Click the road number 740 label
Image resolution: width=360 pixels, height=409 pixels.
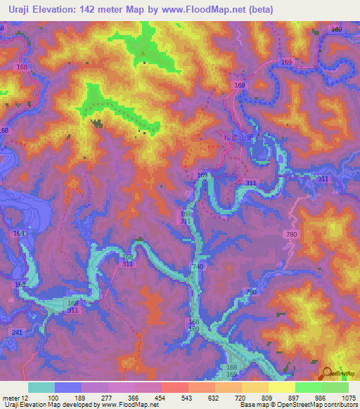click(x=198, y=267)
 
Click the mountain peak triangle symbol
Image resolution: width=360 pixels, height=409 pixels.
click(x=143, y=51)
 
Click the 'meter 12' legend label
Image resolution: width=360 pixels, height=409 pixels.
click(x=12, y=398)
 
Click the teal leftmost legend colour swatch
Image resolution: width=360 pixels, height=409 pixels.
click(x=41, y=387)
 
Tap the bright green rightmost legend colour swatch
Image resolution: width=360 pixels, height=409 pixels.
click(x=335, y=387)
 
